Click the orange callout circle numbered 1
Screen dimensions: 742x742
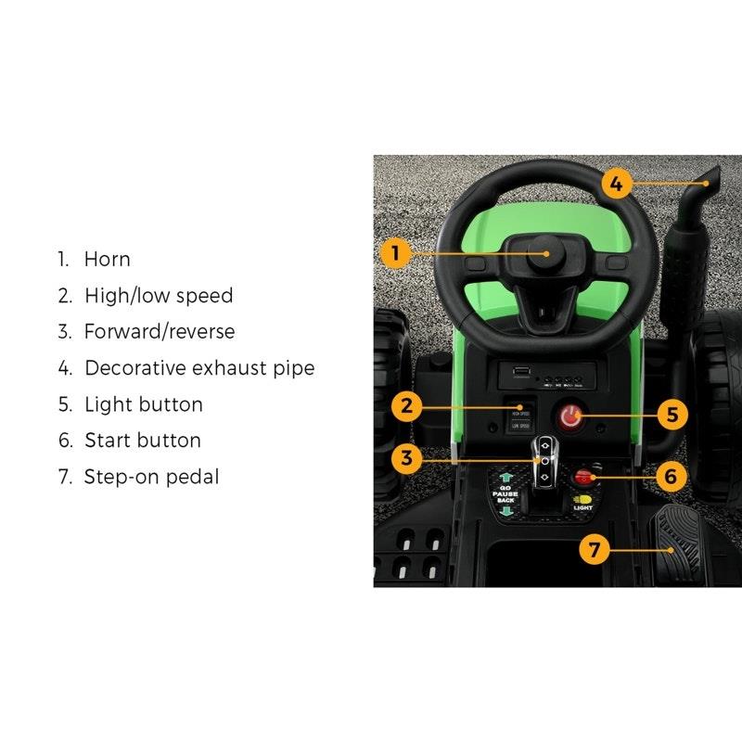pyautogui.click(x=395, y=252)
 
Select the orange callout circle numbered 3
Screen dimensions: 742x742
pyautogui.click(x=403, y=456)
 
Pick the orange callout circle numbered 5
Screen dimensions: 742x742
pyautogui.click(x=672, y=414)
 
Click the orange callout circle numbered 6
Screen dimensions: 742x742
pyautogui.click(x=672, y=477)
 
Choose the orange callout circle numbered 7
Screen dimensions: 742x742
pyautogui.click(x=595, y=548)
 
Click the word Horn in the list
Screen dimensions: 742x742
pyautogui.click(x=108, y=260)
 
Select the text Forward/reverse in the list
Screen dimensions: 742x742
pyautogui.click(x=160, y=332)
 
